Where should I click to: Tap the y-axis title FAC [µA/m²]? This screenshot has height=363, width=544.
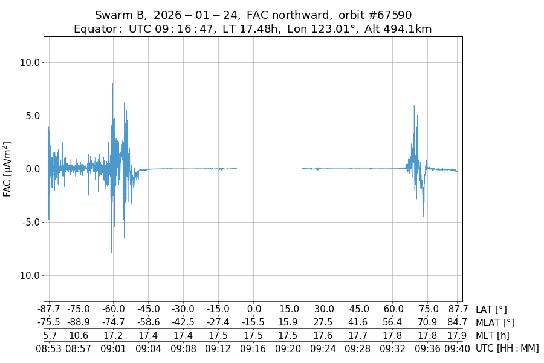coord(8,169)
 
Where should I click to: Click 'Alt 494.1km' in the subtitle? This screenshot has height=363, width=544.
coord(398,29)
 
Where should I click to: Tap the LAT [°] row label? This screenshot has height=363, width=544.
coord(491,310)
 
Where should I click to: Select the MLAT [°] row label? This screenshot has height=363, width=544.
coord(495,322)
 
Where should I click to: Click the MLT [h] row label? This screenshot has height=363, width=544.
coord(493,335)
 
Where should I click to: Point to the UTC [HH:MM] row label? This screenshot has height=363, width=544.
coord(507,348)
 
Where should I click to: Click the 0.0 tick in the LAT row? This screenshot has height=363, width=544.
coord(253,310)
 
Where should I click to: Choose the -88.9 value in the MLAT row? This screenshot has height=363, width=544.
coord(79,322)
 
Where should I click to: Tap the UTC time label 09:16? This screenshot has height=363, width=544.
coord(253,348)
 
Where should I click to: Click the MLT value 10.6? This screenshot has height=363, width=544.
coord(79,335)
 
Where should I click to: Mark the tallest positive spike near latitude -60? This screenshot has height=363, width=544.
coord(112,83)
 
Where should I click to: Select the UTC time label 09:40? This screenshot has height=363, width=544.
coord(458,348)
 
